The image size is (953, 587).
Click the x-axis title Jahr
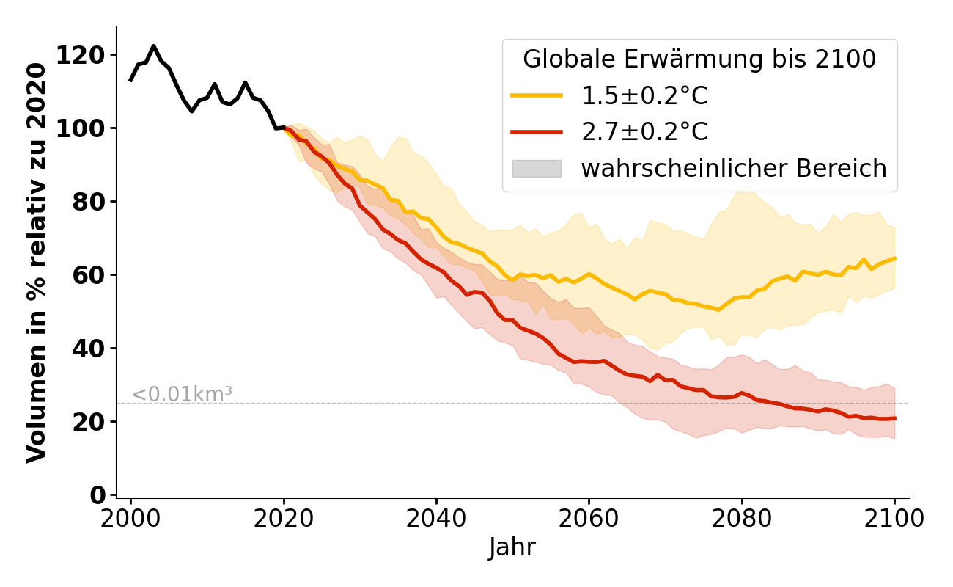[512, 547]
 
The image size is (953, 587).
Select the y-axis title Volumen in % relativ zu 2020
[37, 263]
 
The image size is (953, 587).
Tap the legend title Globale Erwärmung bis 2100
[699, 59]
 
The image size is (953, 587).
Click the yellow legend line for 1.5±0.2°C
[537, 95]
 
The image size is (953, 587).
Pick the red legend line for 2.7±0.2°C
[537, 132]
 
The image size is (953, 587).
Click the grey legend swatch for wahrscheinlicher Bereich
[537, 169]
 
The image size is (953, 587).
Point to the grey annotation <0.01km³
[182, 394]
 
